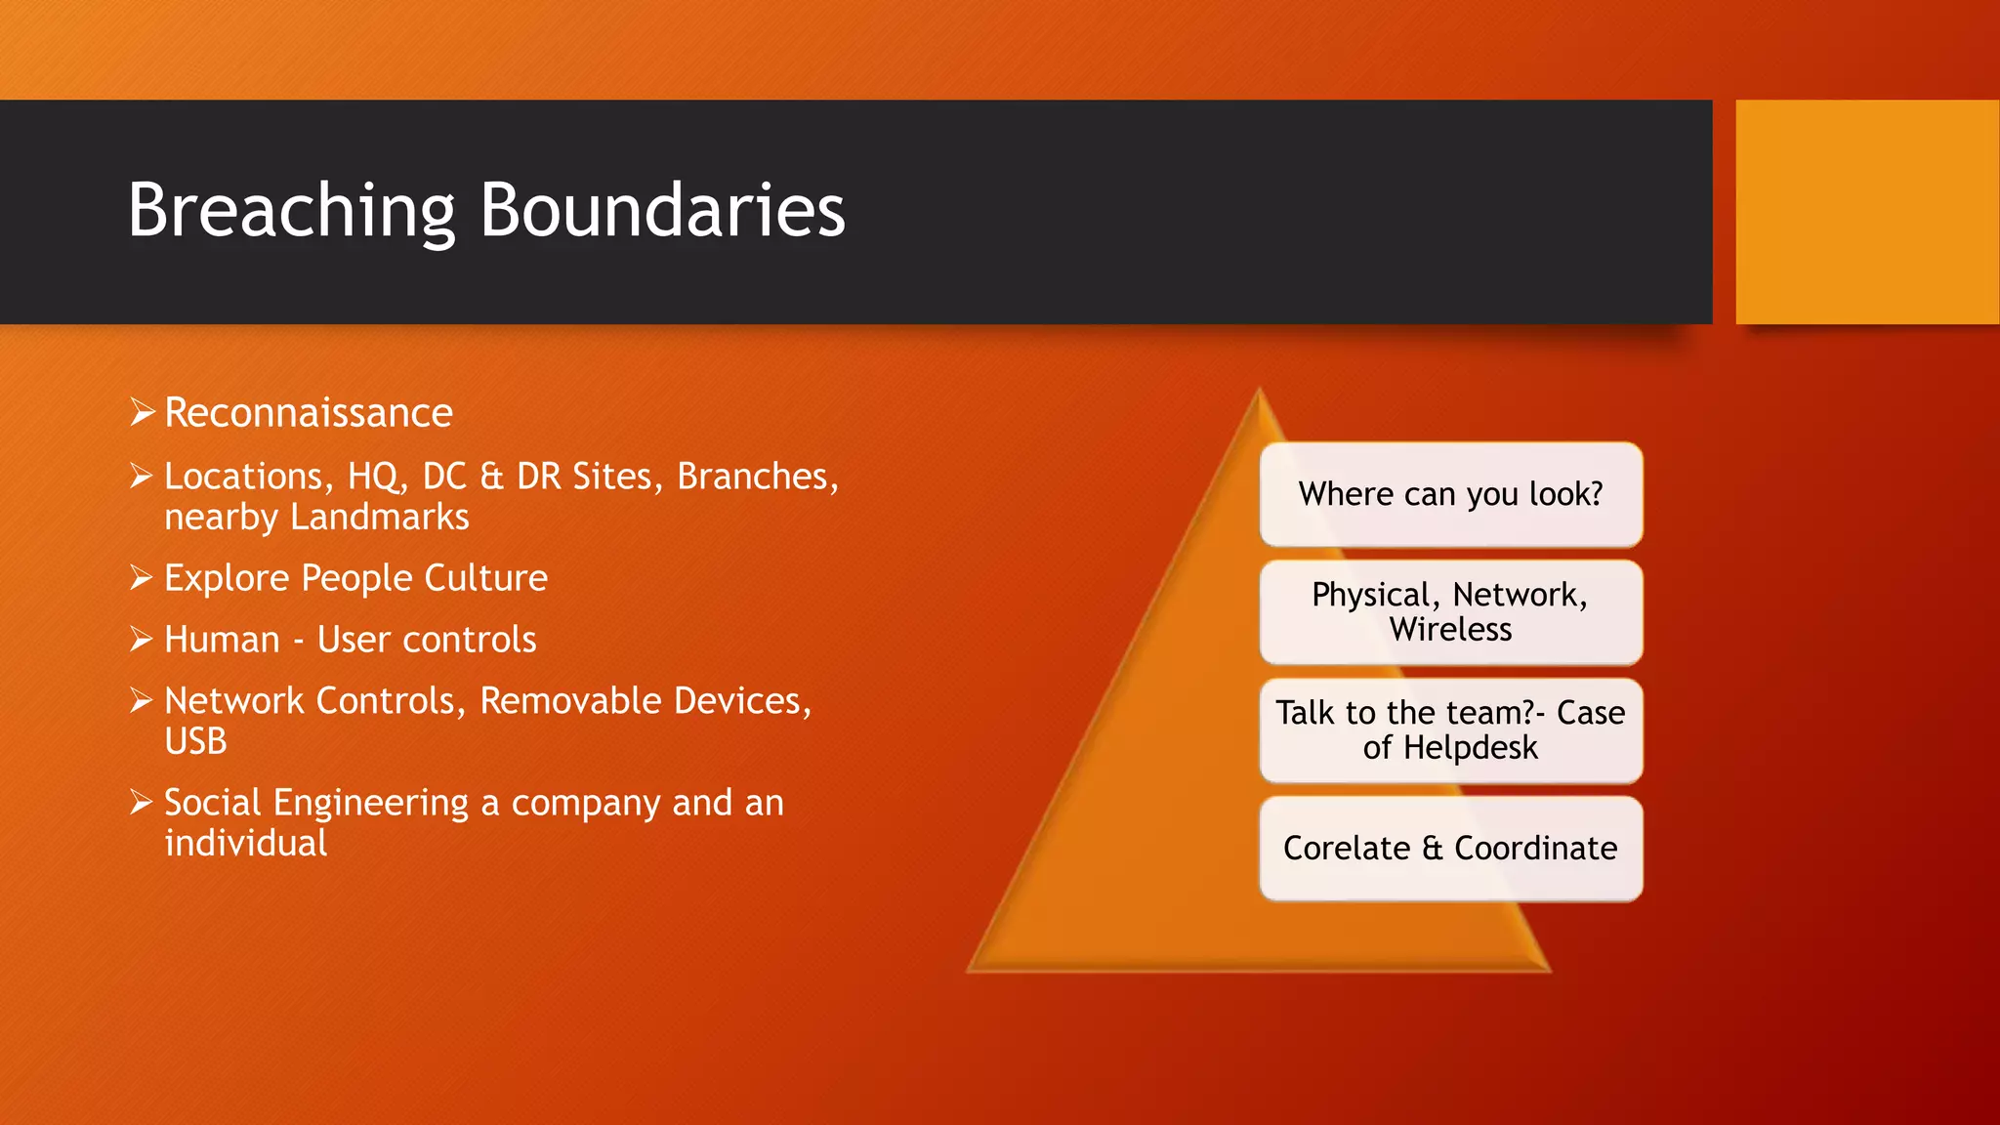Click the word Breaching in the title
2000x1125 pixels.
click(x=291, y=211)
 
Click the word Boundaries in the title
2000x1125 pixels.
click(x=662, y=211)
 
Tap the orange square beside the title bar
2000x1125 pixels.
click(x=1866, y=212)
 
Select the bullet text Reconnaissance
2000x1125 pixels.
click(x=308, y=413)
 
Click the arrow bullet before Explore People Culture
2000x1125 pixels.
click(x=142, y=578)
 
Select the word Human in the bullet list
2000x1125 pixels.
click(x=222, y=640)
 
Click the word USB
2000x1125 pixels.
click(x=195, y=742)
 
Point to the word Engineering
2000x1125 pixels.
click(x=370, y=804)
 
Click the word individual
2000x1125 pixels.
click(x=245, y=844)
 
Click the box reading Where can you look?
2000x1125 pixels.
click(x=1450, y=494)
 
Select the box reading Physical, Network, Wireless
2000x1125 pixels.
click(x=1450, y=612)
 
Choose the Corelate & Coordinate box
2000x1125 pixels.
click(x=1450, y=849)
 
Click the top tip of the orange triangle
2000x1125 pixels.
click(x=1260, y=393)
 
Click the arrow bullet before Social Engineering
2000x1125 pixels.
click(x=142, y=803)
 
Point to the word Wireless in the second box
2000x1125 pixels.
click(x=1450, y=630)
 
